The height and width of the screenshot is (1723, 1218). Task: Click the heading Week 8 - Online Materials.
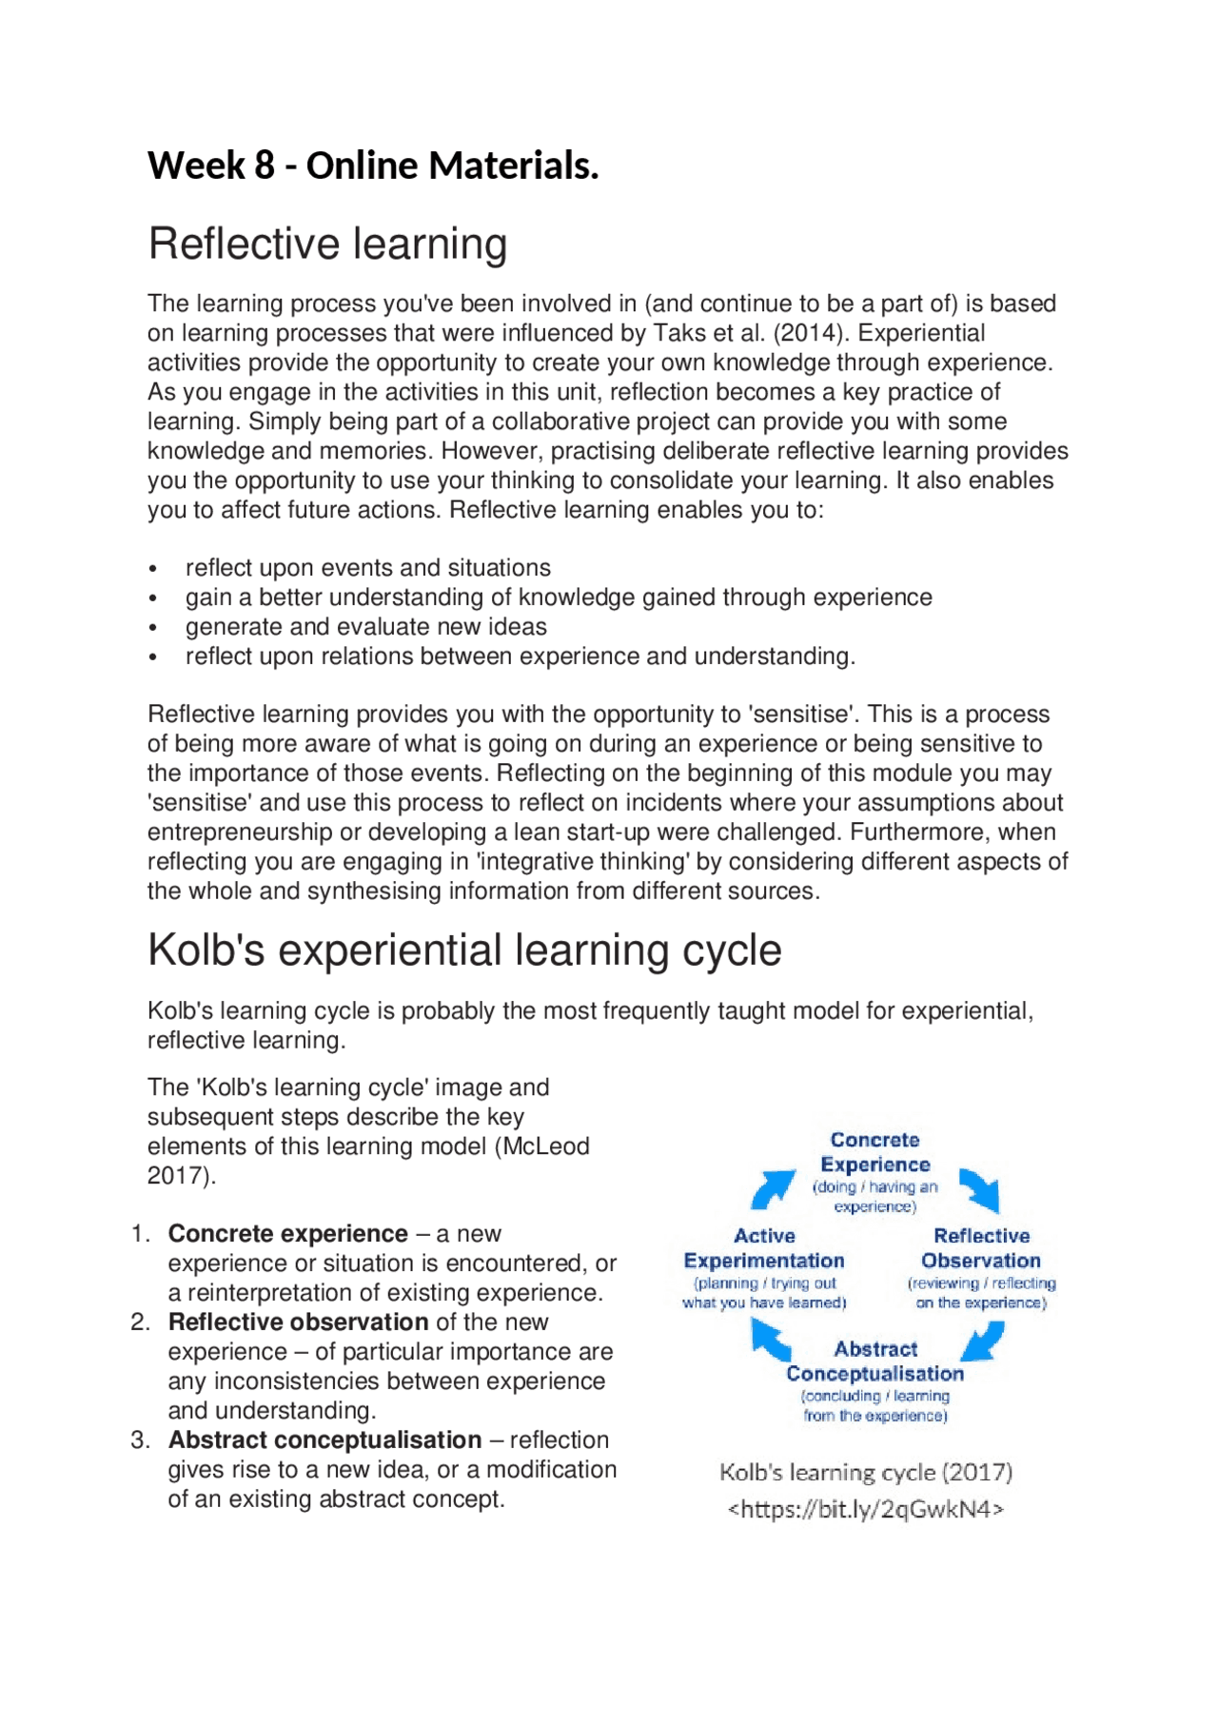click(373, 166)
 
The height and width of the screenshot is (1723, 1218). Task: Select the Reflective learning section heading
click(327, 244)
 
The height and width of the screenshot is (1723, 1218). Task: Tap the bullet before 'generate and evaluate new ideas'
click(152, 628)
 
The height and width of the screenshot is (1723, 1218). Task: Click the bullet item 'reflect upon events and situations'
click(367, 568)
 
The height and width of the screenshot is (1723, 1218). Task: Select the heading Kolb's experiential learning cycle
click(464, 950)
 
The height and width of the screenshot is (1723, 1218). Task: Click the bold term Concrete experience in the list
click(287, 1234)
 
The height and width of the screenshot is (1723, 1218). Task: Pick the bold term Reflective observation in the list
click(298, 1322)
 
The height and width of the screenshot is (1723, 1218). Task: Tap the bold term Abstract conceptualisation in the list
click(324, 1440)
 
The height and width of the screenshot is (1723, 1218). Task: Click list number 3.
click(140, 1440)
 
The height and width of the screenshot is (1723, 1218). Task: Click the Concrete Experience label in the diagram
click(874, 1152)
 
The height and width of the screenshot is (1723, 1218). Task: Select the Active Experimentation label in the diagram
click(764, 1248)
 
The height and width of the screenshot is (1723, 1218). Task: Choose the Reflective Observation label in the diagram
click(981, 1248)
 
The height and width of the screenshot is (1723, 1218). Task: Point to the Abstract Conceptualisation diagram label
click(874, 1361)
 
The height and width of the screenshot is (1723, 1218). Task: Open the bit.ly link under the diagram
click(866, 1509)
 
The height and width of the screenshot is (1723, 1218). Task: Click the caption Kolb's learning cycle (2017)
click(866, 1473)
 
